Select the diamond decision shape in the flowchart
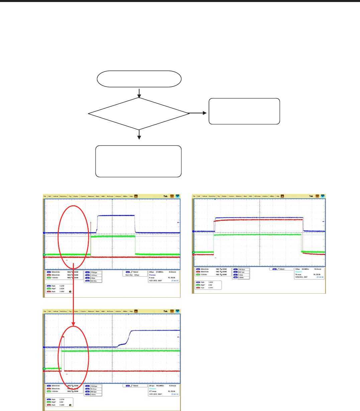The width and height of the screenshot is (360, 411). pyautogui.click(x=139, y=114)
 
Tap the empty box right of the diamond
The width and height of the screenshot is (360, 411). pyautogui.click(x=244, y=111)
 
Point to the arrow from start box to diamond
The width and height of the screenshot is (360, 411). pyautogui.click(x=139, y=92)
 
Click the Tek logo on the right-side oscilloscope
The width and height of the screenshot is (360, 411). pyautogui.click(x=311, y=196)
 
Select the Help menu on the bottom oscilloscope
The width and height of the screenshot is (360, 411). pyautogui.click(x=131, y=311)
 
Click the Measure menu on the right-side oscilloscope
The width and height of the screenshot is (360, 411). pyautogui.click(x=238, y=196)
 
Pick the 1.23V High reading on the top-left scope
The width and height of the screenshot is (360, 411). pyautogui.click(x=62, y=286)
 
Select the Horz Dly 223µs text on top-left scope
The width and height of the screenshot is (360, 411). pyautogui.click(x=134, y=275)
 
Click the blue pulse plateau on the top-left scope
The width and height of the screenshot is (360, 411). pyautogui.click(x=115, y=216)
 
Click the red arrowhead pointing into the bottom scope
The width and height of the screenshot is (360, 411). pyautogui.click(x=73, y=323)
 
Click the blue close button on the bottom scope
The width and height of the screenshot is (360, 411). pyautogui.click(x=177, y=311)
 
